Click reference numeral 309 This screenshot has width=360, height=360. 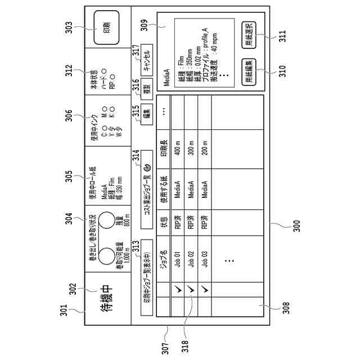point(144,24)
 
